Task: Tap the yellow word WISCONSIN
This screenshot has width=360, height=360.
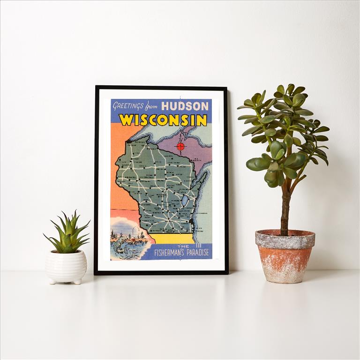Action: (x=163, y=120)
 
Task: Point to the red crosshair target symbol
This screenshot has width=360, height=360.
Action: (x=180, y=146)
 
